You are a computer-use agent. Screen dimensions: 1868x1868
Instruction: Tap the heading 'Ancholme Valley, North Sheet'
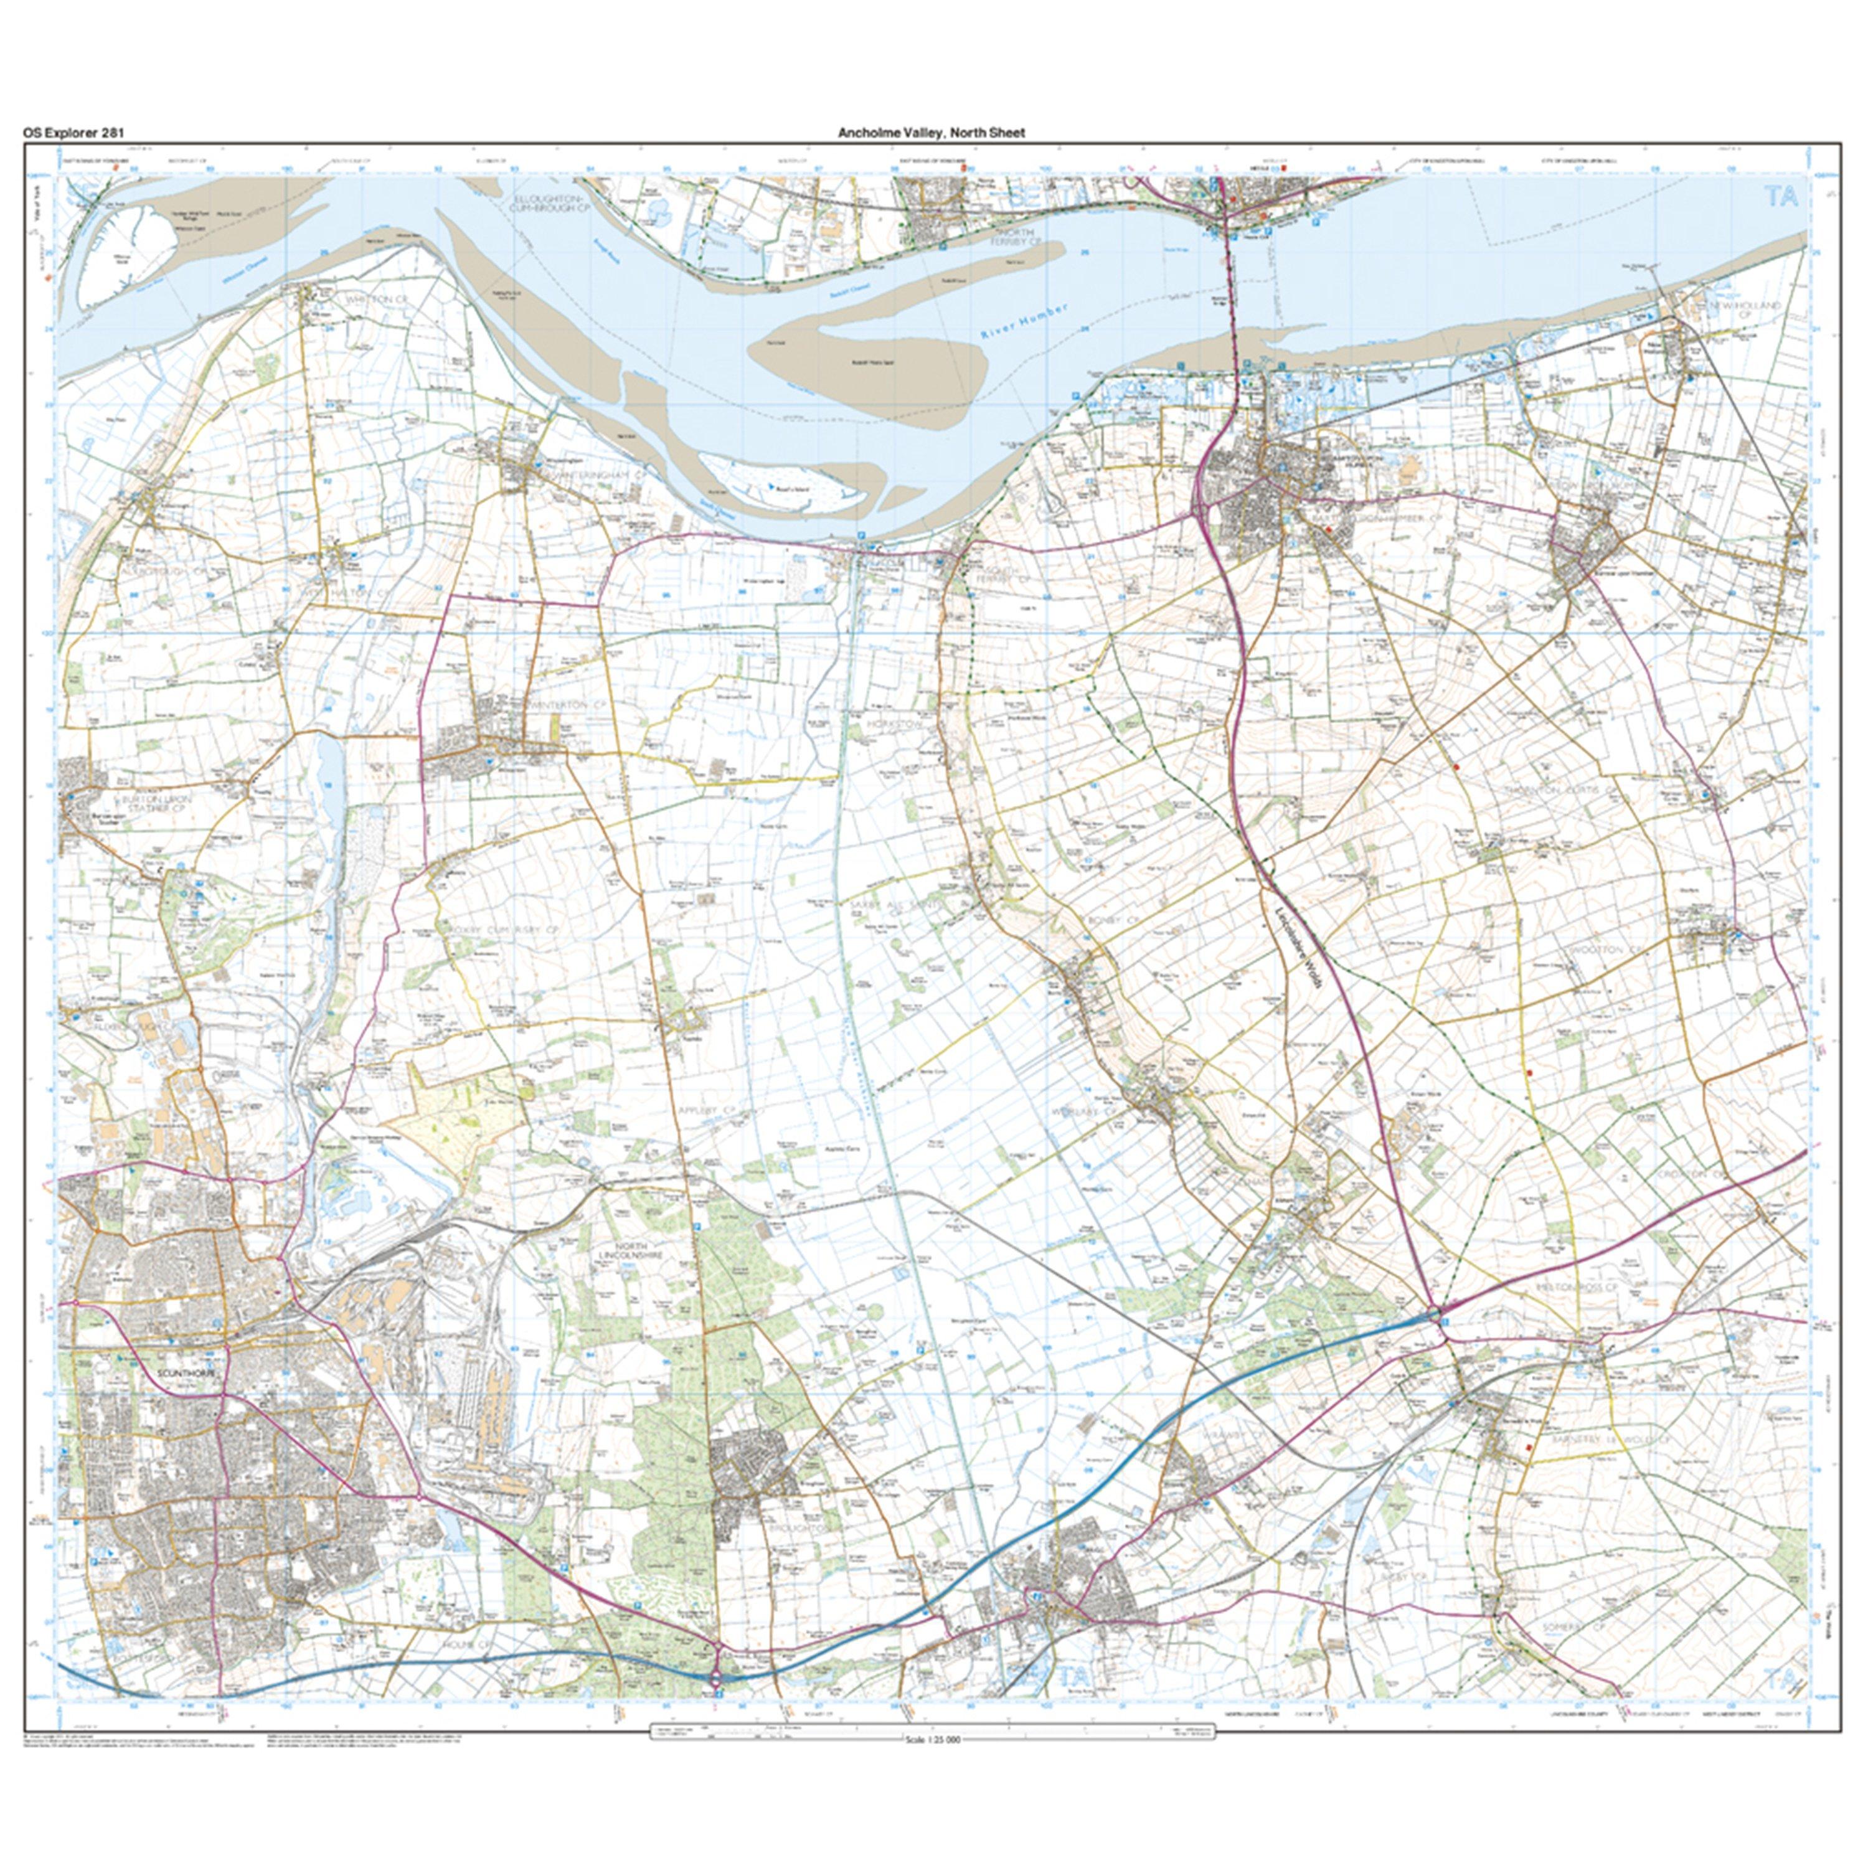point(931,133)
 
